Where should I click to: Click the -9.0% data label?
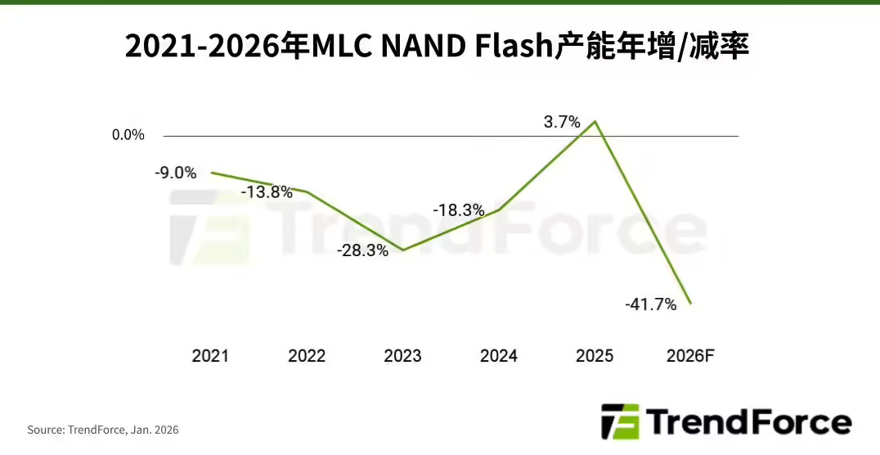pos(175,173)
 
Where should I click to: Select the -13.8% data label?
pos(267,192)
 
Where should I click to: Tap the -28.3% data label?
pos(362,251)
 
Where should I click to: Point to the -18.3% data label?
pos(459,210)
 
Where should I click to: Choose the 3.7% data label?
pos(562,122)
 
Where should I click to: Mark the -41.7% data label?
pos(650,304)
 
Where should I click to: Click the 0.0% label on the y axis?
pos(128,135)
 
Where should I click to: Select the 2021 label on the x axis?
pos(210,356)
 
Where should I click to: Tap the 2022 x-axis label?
pos(307,356)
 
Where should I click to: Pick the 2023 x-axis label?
pos(402,356)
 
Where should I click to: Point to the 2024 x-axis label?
pos(499,356)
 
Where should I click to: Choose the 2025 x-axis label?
pos(595,356)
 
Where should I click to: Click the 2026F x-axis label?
pos(691,356)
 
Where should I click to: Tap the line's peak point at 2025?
pos(595,122)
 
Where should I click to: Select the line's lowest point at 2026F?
pos(691,304)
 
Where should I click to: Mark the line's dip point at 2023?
pos(403,250)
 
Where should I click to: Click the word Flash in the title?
pos(514,47)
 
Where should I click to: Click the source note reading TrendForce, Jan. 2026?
pos(102,430)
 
